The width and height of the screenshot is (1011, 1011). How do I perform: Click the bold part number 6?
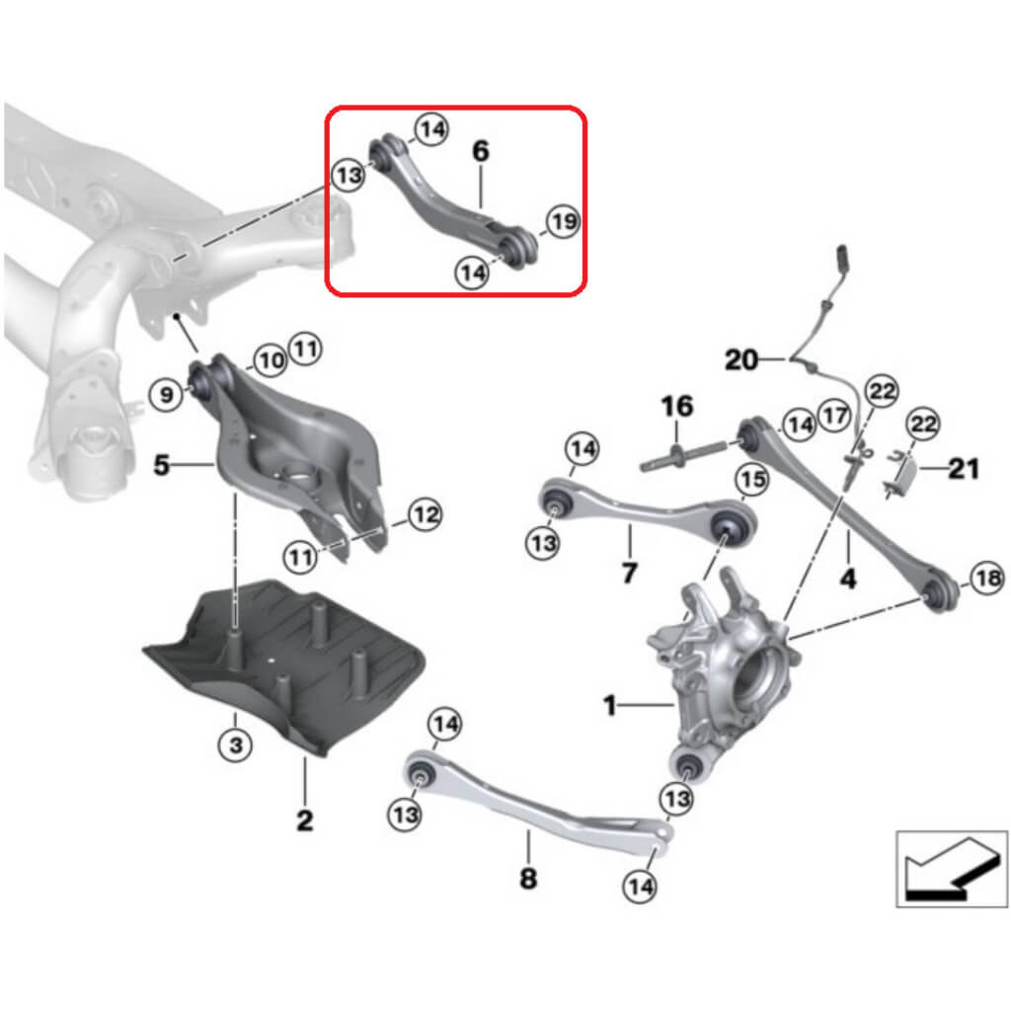coord(480,152)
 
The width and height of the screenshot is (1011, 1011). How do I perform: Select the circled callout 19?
coord(562,222)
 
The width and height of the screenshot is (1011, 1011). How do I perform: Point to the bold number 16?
coord(677,406)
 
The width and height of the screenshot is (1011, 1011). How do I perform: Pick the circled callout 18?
coord(986,581)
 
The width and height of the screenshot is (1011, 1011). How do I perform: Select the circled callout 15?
coord(752,480)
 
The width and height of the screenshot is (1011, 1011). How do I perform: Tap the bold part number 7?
coord(630,572)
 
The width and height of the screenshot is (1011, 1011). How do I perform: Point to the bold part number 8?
coord(528,877)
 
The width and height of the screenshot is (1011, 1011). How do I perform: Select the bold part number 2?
coord(304,818)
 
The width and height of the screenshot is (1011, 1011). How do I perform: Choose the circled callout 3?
coord(235,744)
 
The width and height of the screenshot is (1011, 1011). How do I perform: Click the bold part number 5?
coord(162,463)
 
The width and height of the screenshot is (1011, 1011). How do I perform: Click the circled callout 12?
coord(424,513)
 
